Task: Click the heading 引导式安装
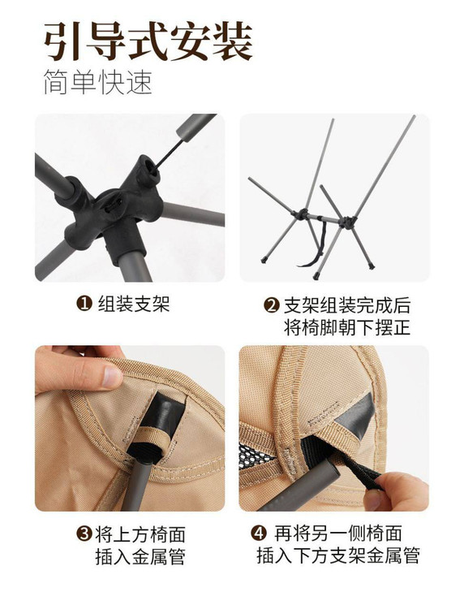coord(148,41)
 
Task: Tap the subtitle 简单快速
coord(97,82)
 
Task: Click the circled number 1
coord(84,304)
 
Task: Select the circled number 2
coord(271,305)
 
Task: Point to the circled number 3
coord(84,534)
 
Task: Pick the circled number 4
coord(258,533)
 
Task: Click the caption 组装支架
coord(134,304)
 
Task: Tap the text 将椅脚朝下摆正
coord(347,327)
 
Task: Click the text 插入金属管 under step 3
coord(140,556)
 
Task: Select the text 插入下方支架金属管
coord(338,555)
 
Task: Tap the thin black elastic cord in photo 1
coord(170,153)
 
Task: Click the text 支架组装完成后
coord(347,305)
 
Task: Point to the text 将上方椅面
coord(140,534)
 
